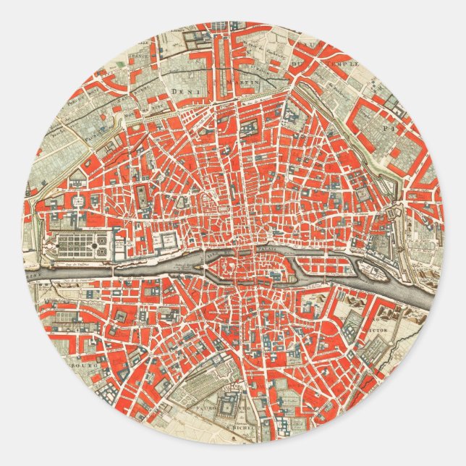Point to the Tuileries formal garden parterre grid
tap(83, 245)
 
